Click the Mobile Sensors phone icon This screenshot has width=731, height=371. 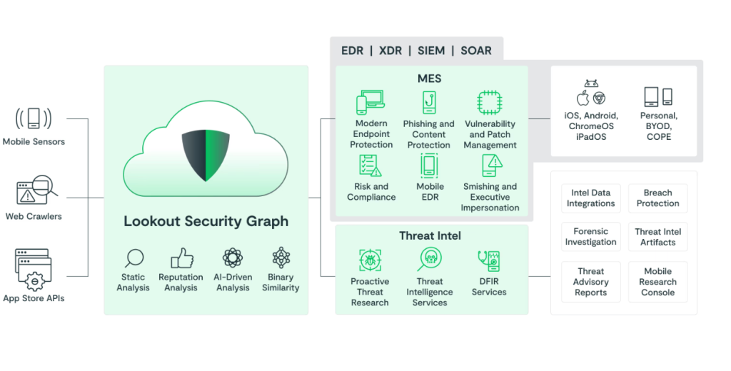(34, 118)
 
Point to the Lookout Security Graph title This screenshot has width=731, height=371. (206, 221)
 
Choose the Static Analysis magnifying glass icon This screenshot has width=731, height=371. (133, 258)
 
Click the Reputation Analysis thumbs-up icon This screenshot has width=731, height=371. (181, 258)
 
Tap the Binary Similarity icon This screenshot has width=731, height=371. (281, 257)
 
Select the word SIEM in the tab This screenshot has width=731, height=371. (431, 51)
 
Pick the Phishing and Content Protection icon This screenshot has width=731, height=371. (429, 103)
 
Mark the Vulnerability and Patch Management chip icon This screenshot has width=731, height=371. (489, 103)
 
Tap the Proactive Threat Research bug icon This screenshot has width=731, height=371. (370, 260)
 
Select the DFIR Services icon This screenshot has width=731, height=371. (489, 260)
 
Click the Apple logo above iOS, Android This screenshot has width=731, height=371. (583, 98)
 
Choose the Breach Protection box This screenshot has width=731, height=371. (657, 198)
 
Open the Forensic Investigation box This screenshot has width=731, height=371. (590, 237)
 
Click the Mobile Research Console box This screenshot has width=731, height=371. (657, 282)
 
